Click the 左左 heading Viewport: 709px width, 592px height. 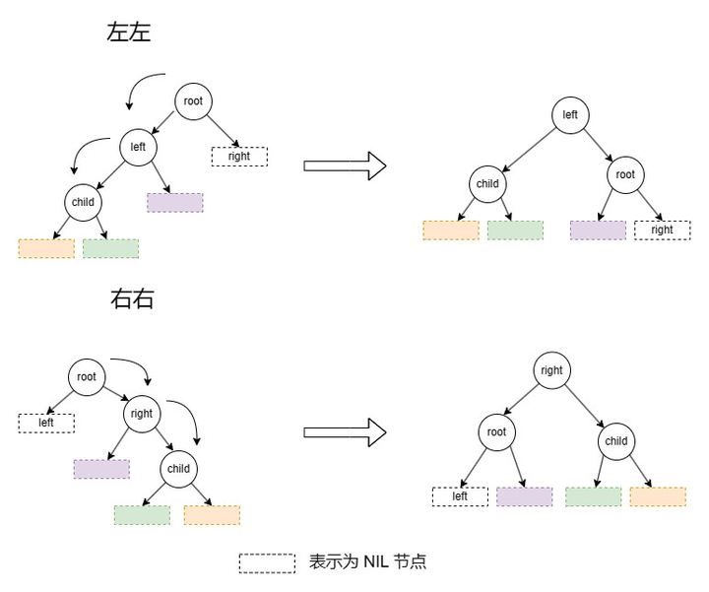pyautogui.click(x=129, y=32)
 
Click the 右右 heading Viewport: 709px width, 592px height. pyautogui.click(x=133, y=299)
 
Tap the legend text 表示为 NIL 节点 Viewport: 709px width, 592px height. pyautogui.click(x=367, y=562)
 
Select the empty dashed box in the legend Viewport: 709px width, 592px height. pyautogui.click(x=266, y=562)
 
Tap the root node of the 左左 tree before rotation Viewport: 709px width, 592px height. pyautogui.click(x=193, y=99)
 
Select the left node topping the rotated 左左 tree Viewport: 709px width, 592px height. pyautogui.click(x=570, y=114)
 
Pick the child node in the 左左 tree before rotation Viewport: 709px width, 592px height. pyautogui.click(x=83, y=202)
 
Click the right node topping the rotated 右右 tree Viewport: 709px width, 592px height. pyautogui.click(x=551, y=370)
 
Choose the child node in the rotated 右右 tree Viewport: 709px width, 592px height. pyautogui.click(x=615, y=441)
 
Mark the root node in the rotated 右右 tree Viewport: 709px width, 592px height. pyautogui.click(x=496, y=432)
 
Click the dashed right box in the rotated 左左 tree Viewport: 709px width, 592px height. pyautogui.click(x=662, y=230)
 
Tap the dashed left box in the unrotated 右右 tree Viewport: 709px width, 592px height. pyautogui.click(x=46, y=423)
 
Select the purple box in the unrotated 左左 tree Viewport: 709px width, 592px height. pyautogui.click(x=175, y=203)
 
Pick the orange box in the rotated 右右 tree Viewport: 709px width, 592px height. pyautogui.click(x=658, y=496)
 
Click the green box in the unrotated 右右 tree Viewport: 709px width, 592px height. pyautogui.click(x=142, y=515)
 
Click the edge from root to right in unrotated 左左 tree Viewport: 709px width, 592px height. pyautogui.click(x=223, y=129)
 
